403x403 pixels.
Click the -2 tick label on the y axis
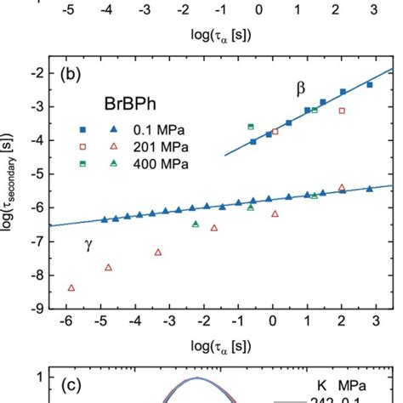point(37,74)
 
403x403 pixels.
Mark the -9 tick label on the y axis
point(37,309)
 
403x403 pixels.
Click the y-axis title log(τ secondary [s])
point(10,190)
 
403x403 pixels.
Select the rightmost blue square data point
point(369,85)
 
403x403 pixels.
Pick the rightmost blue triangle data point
point(369,190)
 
